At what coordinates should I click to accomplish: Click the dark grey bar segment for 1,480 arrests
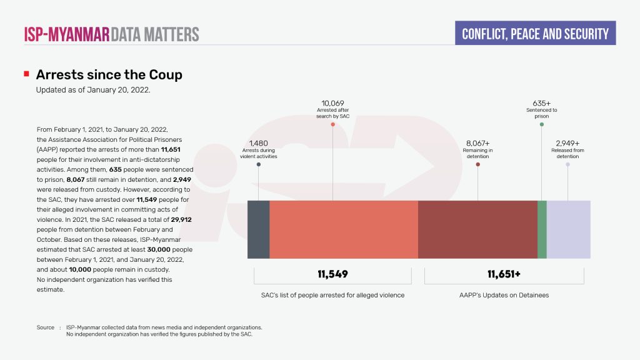click(259, 229)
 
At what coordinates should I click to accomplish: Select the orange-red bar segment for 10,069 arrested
click(344, 229)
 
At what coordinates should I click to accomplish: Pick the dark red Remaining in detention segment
click(477, 229)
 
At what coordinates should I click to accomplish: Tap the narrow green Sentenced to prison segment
click(542, 229)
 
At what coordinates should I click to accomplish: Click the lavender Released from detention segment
click(568, 229)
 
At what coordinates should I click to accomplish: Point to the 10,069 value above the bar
click(332, 103)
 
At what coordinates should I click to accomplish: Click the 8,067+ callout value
click(477, 143)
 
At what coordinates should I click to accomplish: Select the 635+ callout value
click(541, 103)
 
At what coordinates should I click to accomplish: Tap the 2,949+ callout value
click(567, 143)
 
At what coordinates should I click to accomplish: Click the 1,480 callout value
click(258, 143)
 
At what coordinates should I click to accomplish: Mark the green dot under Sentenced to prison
click(542, 124)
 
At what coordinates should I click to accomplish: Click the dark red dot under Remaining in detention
click(477, 164)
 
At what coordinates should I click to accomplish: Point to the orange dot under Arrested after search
click(332, 124)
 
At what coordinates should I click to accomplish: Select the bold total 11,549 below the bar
click(332, 274)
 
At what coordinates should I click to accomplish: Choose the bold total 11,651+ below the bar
click(504, 274)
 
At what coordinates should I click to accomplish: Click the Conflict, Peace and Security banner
click(535, 33)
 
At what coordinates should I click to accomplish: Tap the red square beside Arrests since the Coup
click(26, 74)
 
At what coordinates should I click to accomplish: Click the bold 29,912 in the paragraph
click(181, 221)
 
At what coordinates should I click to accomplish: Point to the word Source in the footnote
click(46, 327)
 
